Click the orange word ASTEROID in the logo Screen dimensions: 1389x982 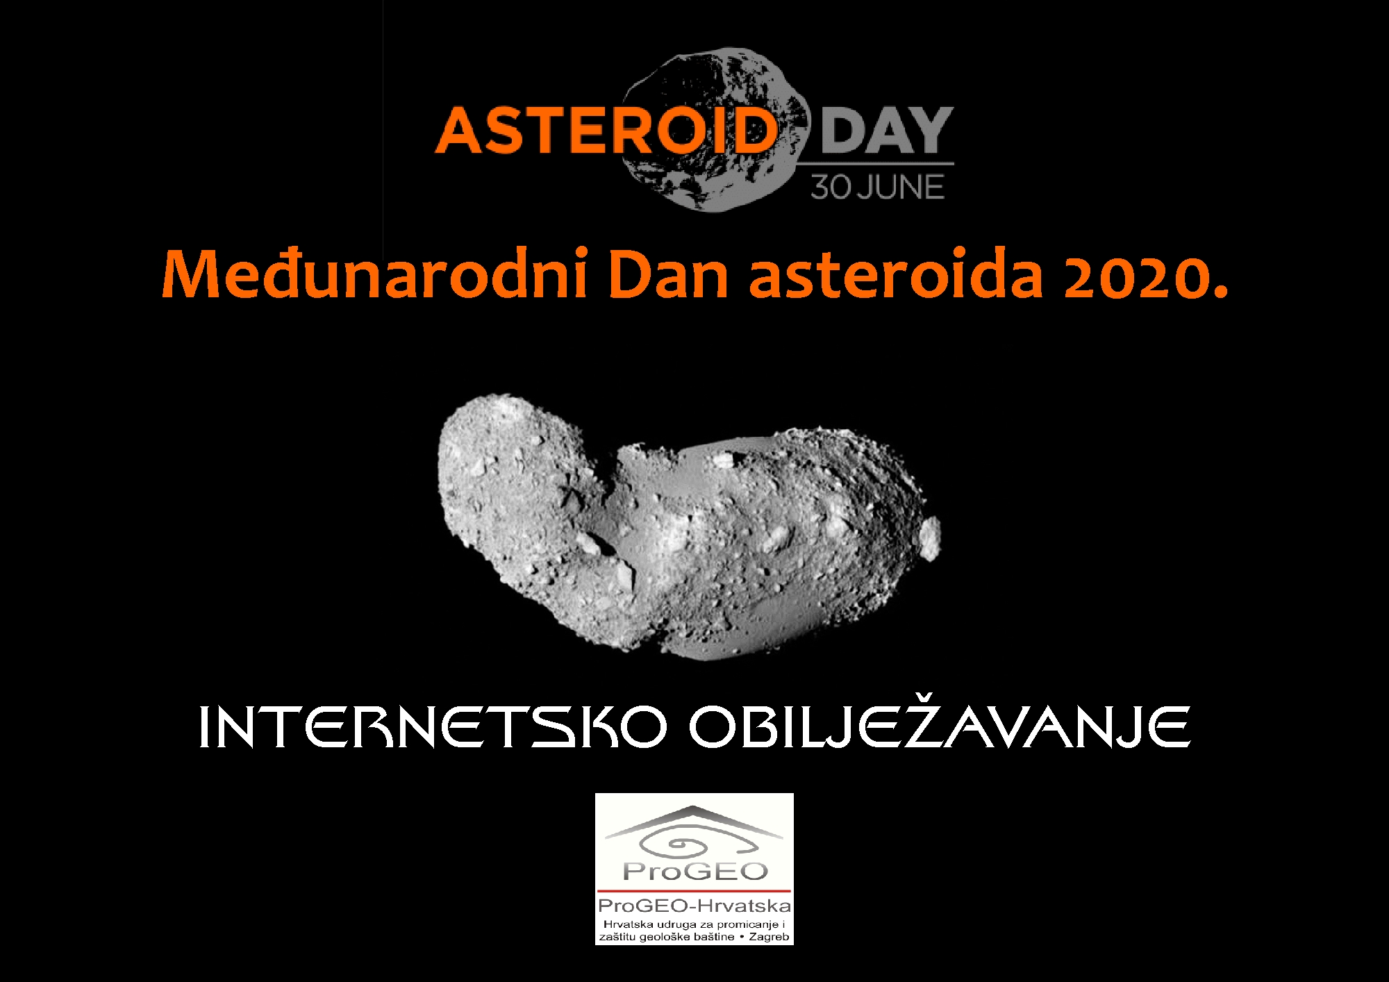click(606, 130)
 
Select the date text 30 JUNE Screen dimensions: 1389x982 click(878, 187)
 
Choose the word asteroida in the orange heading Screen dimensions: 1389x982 click(896, 275)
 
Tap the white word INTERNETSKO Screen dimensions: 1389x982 click(432, 727)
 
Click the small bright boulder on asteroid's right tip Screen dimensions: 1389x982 click(930, 538)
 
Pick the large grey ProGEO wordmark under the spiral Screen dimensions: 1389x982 click(695, 872)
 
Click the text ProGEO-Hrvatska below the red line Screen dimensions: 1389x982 click(694, 906)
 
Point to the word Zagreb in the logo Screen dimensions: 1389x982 click(770, 937)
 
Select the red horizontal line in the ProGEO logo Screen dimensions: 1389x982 click(694, 891)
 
